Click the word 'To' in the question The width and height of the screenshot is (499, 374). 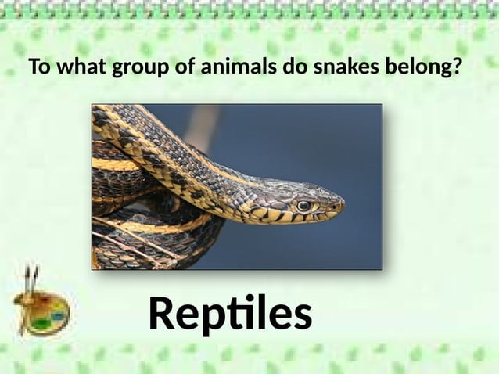pyautogui.click(x=38, y=68)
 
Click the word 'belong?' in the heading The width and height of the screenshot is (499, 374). pyautogui.click(x=422, y=69)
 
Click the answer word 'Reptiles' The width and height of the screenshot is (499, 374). pyautogui.click(x=230, y=315)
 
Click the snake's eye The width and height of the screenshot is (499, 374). pyautogui.click(x=303, y=206)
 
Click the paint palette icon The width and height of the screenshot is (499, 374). pyautogui.click(x=43, y=313)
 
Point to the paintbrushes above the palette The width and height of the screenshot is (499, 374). pyautogui.click(x=31, y=278)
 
